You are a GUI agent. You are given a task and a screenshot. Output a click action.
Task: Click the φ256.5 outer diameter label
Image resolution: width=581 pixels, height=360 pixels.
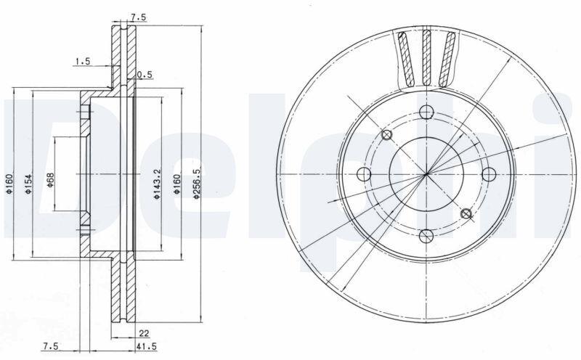click(196, 184)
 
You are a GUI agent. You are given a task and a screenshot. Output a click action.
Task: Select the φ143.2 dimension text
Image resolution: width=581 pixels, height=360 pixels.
click(156, 184)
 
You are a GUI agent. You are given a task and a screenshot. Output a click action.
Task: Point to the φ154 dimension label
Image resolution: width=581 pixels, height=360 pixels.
click(28, 184)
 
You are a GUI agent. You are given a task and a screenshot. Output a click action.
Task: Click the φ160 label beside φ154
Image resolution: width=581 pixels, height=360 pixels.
click(9, 184)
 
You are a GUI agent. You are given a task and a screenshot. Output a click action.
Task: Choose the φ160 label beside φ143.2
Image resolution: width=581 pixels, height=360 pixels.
click(176, 184)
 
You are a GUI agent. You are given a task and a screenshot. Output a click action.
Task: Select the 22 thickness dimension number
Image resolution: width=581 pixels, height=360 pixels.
click(144, 333)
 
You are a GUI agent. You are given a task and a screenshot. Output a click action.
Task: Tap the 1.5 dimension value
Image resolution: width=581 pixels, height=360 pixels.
click(83, 61)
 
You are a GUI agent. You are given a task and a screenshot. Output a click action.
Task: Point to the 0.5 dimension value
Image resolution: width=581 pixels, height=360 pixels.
click(145, 75)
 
